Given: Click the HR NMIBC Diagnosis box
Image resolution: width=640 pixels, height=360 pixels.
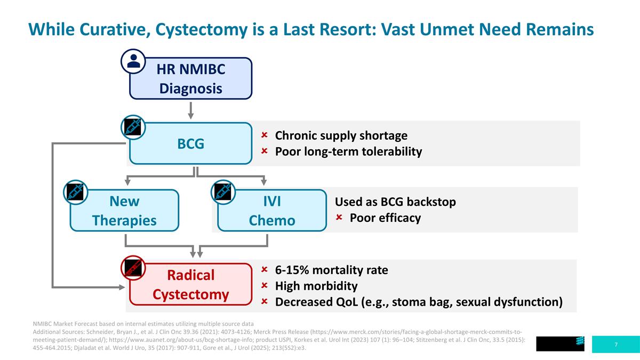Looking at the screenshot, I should [191, 78].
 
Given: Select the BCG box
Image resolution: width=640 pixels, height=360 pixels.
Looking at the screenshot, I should [190, 143].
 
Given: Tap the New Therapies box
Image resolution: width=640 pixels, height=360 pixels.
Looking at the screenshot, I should [124, 210].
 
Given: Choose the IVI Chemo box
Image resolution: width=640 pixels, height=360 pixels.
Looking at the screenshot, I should [272, 210].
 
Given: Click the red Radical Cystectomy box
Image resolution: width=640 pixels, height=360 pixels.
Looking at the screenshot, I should [190, 284].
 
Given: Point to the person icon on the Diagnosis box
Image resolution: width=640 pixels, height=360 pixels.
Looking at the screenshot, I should [134, 61].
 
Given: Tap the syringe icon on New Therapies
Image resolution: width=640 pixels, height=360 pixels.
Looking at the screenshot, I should [74, 192].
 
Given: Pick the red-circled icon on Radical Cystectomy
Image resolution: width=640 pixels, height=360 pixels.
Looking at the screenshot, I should [132, 267].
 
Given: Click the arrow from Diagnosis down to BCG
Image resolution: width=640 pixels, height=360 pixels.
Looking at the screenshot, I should [190, 110].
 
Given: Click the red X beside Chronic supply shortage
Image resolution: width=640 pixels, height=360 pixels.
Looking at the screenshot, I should [264, 135].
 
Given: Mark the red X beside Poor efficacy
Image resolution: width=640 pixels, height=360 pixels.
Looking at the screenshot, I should [339, 218].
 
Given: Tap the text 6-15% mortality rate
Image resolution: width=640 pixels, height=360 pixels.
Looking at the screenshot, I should [331, 270].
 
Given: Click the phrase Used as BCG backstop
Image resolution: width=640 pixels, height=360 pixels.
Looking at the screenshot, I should [395, 202].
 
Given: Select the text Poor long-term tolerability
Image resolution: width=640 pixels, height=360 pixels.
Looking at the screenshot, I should [348, 151].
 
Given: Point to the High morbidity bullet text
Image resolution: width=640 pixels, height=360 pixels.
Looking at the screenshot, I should [316, 286].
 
